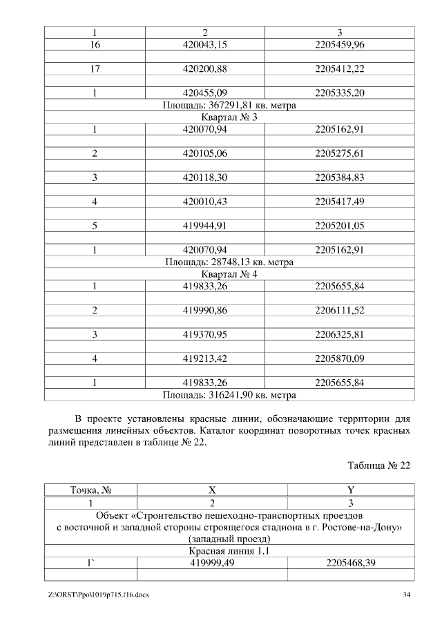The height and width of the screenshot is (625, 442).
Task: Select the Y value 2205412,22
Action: pos(340,69)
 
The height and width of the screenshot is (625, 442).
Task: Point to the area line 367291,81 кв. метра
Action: pos(229,105)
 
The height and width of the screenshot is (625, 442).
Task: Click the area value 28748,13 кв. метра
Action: pos(229,262)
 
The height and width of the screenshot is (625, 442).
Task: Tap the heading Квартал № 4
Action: pos(229,273)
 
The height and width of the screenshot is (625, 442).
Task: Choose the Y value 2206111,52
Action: pos(340,310)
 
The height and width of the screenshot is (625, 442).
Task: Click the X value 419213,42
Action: pos(204,358)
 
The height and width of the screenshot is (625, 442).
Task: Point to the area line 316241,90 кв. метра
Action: pos(229,395)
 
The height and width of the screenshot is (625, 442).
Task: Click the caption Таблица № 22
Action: pos(379,465)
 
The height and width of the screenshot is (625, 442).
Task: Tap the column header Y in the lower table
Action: pos(350,490)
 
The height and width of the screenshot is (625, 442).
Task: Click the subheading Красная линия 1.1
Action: pos(229,550)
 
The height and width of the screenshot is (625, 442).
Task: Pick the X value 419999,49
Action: pos(212,563)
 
